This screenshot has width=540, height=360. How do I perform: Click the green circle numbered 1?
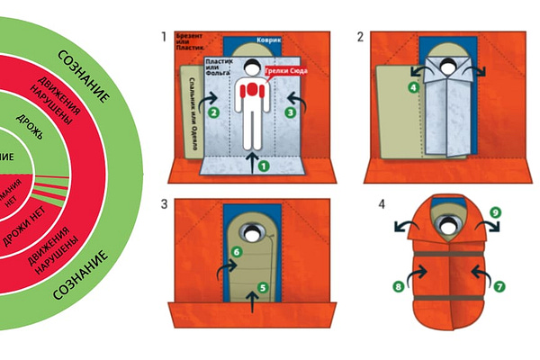pos(263,166)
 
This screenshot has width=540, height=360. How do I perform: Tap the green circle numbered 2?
pos(212,113)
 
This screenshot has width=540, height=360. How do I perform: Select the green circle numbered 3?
pos(290,112)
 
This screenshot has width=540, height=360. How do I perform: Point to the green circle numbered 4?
pos(413,88)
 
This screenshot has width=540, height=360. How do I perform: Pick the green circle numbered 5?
pos(263,288)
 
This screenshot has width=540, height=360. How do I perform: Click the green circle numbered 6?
pos(236,253)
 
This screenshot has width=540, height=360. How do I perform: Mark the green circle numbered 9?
pos(494,213)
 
